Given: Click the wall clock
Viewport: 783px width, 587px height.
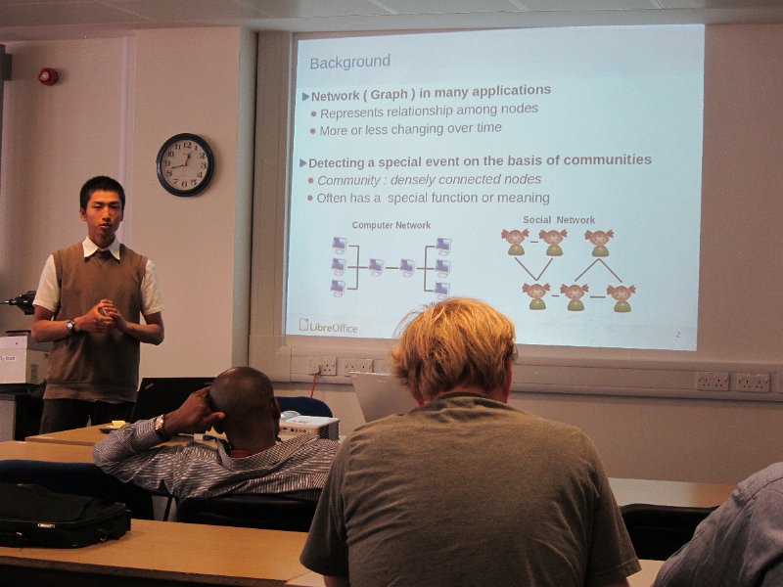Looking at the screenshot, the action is [x=185, y=164].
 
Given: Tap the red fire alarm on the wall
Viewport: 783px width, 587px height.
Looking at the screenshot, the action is [x=48, y=76].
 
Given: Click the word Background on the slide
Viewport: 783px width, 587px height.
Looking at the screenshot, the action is [x=350, y=62].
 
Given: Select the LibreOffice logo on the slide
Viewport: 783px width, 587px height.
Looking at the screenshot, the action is [x=328, y=326].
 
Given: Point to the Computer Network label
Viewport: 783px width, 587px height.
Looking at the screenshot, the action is [x=391, y=225].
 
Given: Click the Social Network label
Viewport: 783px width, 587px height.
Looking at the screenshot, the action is [x=559, y=219].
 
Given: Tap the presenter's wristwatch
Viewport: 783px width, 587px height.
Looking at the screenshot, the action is [x=71, y=326].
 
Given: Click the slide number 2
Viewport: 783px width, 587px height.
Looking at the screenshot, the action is [x=678, y=335].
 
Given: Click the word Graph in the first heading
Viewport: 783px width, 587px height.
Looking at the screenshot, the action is [x=389, y=95].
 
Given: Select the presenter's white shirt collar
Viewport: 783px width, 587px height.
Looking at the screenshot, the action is [x=102, y=248].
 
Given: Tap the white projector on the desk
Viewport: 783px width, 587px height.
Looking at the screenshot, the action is [x=308, y=426].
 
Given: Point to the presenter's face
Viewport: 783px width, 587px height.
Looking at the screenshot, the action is [x=104, y=213].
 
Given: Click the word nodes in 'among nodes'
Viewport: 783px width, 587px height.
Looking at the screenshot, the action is [x=520, y=109].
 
